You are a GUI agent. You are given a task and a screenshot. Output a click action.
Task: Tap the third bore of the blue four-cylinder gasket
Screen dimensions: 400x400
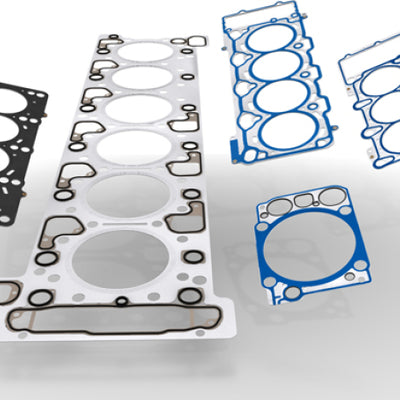(283, 98)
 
